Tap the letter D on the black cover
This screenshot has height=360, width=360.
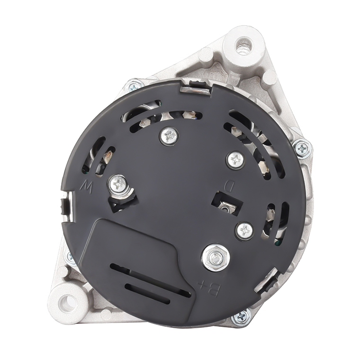229,186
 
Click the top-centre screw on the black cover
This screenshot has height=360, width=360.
169,135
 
